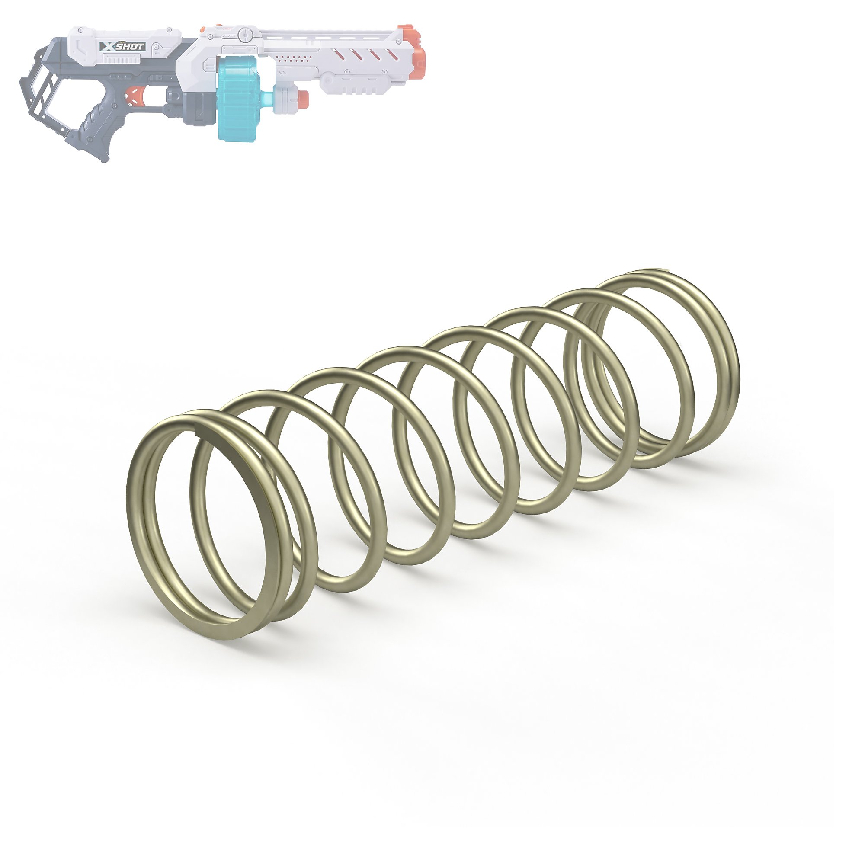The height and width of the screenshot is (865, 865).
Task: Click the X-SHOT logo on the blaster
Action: (122, 47)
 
